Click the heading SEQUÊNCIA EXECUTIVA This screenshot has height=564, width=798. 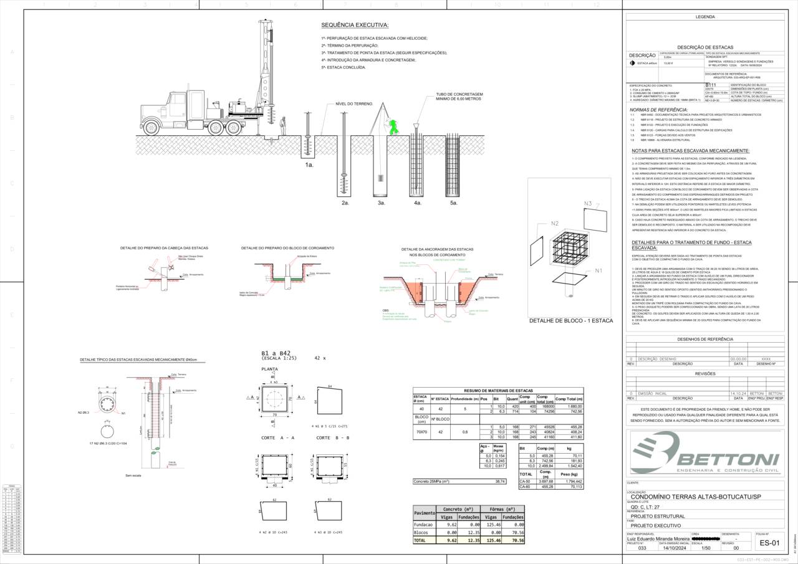[355, 25]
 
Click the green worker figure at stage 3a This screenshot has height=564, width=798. [393, 127]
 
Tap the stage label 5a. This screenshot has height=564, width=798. [454, 203]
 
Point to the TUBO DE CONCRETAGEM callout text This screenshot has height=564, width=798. [459, 97]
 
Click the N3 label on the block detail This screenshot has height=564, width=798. [587, 204]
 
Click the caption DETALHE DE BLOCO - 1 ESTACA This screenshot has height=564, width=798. [570, 321]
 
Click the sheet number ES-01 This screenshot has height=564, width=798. [770, 543]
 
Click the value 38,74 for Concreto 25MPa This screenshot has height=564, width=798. [500, 482]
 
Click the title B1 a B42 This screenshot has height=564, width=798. [276, 353]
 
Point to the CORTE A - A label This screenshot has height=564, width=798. [277, 438]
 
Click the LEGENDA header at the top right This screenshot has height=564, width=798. [705, 17]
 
